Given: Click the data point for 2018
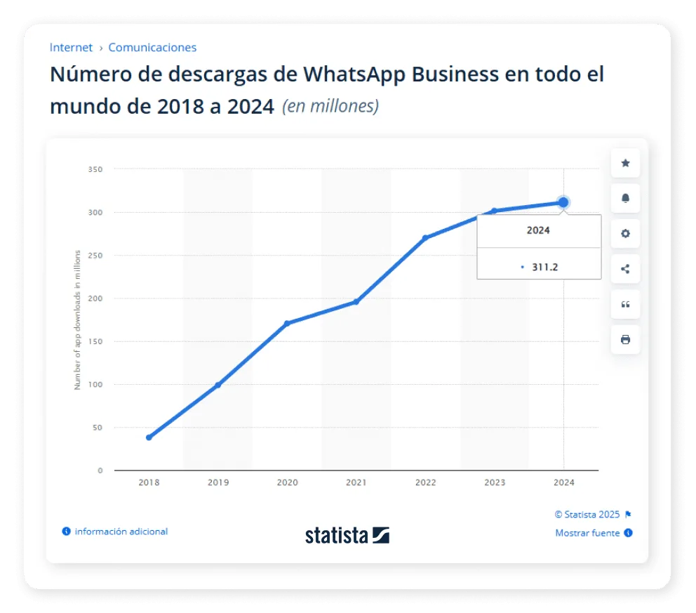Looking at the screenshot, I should tap(149, 437).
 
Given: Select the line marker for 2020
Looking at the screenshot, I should tap(287, 324).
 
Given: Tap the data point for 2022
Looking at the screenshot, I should tap(425, 238).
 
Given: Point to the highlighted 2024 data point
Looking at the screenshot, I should tap(563, 202).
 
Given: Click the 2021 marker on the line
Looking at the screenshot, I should tap(356, 302).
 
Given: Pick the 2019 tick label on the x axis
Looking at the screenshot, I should tap(218, 482).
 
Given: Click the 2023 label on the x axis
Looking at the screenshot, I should tap(495, 482).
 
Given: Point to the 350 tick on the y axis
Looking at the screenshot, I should tap(95, 169).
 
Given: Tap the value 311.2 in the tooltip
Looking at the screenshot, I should tap(544, 267).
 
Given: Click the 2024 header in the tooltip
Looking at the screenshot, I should tap(538, 230).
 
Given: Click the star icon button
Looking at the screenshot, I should tap(625, 164).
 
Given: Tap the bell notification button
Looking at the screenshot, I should tap(625, 199).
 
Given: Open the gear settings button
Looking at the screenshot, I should tap(625, 234).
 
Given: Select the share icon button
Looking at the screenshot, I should tap(625, 269).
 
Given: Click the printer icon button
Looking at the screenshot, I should tap(625, 340).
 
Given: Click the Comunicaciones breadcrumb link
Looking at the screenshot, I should tap(152, 48).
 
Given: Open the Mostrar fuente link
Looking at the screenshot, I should tap(587, 533).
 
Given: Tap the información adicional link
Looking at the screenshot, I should tap(121, 532).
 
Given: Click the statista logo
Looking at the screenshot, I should tap(347, 535).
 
